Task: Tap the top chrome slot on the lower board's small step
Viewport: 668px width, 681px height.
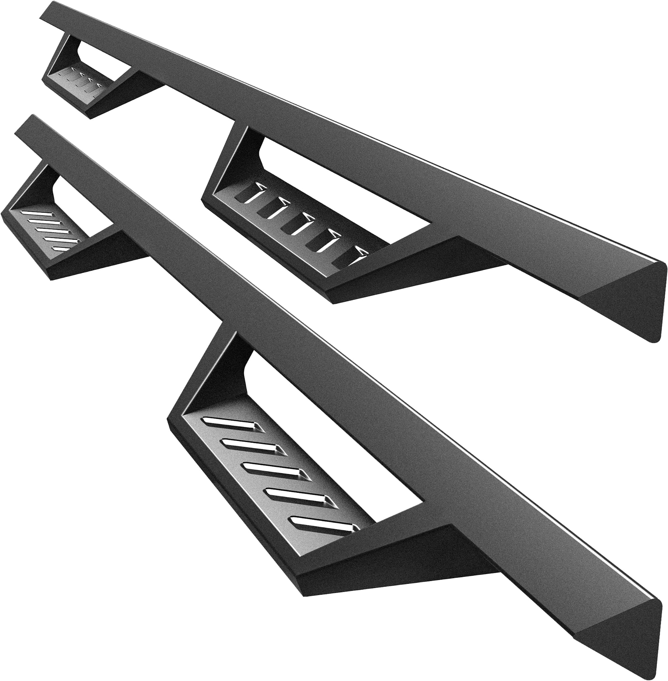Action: pos(35,214)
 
